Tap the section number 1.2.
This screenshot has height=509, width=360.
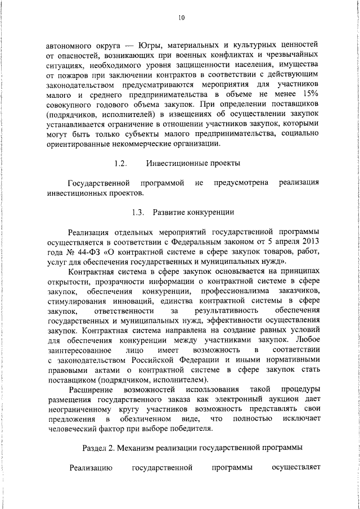point(119,164)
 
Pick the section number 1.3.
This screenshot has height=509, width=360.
point(138,212)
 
